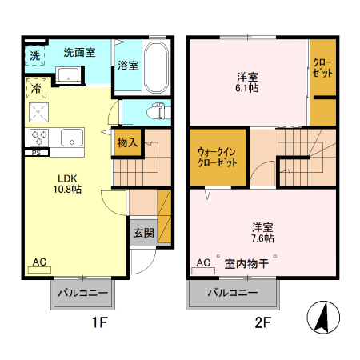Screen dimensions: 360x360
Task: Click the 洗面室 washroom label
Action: click(x=79, y=53)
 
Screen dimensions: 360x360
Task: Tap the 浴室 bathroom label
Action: click(x=127, y=66)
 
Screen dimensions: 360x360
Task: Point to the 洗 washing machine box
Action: click(x=34, y=55)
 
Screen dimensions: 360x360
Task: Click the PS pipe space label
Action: click(x=36, y=152)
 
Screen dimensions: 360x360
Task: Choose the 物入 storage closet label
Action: click(x=127, y=142)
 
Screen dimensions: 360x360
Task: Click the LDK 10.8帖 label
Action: click(x=69, y=184)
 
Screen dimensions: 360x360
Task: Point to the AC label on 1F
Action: click(x=39, y=262)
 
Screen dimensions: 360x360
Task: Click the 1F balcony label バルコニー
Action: click(x=83, y=294)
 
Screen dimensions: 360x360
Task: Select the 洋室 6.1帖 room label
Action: click(x=247, y=82)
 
